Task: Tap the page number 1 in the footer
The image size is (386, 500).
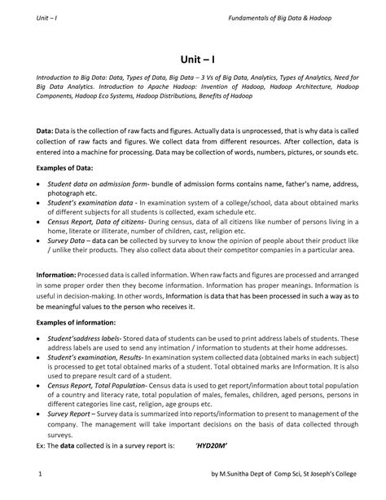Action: point(40,473)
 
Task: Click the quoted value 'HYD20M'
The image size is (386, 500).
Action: point(212,446)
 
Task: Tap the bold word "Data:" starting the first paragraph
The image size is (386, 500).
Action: point(44,131)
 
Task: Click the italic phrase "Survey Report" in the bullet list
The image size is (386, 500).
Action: point(72,414)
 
